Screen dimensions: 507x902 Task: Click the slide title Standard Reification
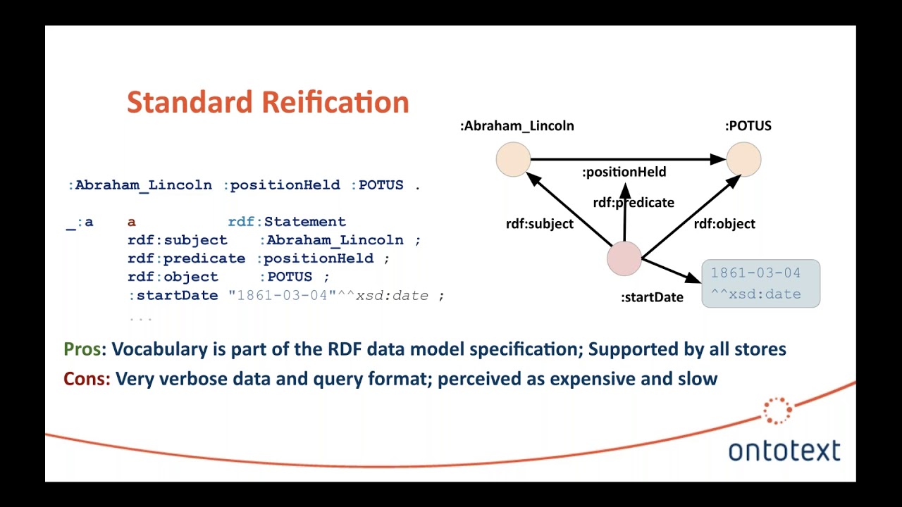pyautogui.click(x=268, y=102)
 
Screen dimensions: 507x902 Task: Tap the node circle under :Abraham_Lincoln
pyautogui.click(x=513, y=159)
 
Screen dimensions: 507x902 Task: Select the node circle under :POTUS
pyautogui.click(x=743, y=159)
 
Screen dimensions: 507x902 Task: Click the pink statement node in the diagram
pyautogui.click(x=624, y=258)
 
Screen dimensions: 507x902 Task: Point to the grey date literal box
pyautogui.click(x=760, y=283)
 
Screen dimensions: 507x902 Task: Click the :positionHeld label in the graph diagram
pyautogui.click(x=624, y=172)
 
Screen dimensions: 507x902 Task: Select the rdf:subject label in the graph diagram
pyautogui.click(x=539, y=224)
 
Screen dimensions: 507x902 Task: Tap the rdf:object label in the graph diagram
pyautogui.click(x=724, y=224)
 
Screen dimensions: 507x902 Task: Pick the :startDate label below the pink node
pyautogui.click(x=652, y=297)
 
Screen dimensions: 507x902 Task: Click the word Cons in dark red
pyautogui.click(x=86, y=379)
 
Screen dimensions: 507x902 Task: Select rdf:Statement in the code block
pyautogui.click(x=287, y=222)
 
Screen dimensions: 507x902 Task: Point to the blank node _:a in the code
pyautogui.click(x=80, y=222)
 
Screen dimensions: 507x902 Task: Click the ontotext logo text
pyautogui.click(x=784, y=451)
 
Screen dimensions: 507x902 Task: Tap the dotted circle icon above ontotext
pyautogui.click(x=777, y=411)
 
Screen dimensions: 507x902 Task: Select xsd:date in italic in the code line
pyautogui.click(x=392, y=296)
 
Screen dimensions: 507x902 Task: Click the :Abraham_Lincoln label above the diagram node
pyautogui.click(x=517, y=126)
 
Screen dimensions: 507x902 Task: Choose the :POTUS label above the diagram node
pyautogui.click(x=748, y=126)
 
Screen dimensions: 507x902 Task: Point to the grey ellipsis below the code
pyautogui.click(x=140, y=318)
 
